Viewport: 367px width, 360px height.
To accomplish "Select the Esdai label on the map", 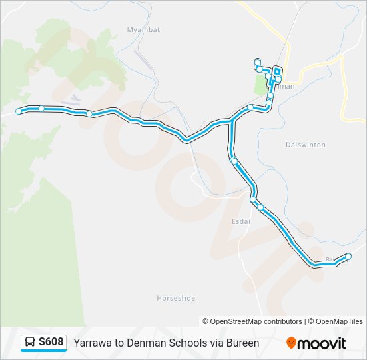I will point(240,222).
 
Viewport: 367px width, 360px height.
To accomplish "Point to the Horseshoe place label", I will point(175,298).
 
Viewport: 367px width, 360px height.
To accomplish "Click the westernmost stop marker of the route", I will point(19,111).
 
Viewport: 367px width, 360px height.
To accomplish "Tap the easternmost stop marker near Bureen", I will point(348,257).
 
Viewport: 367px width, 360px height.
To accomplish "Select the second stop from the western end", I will point(41,108).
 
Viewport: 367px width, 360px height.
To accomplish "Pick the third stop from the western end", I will point(89,114).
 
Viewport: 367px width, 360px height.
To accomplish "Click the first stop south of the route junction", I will point(233,161).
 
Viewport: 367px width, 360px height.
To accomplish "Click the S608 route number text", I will point(51,343).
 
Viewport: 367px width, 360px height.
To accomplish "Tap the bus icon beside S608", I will point(30,343).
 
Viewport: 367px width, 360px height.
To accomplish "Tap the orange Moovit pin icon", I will point(291,343).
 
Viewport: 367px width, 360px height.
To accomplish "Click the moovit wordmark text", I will point(322,343).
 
